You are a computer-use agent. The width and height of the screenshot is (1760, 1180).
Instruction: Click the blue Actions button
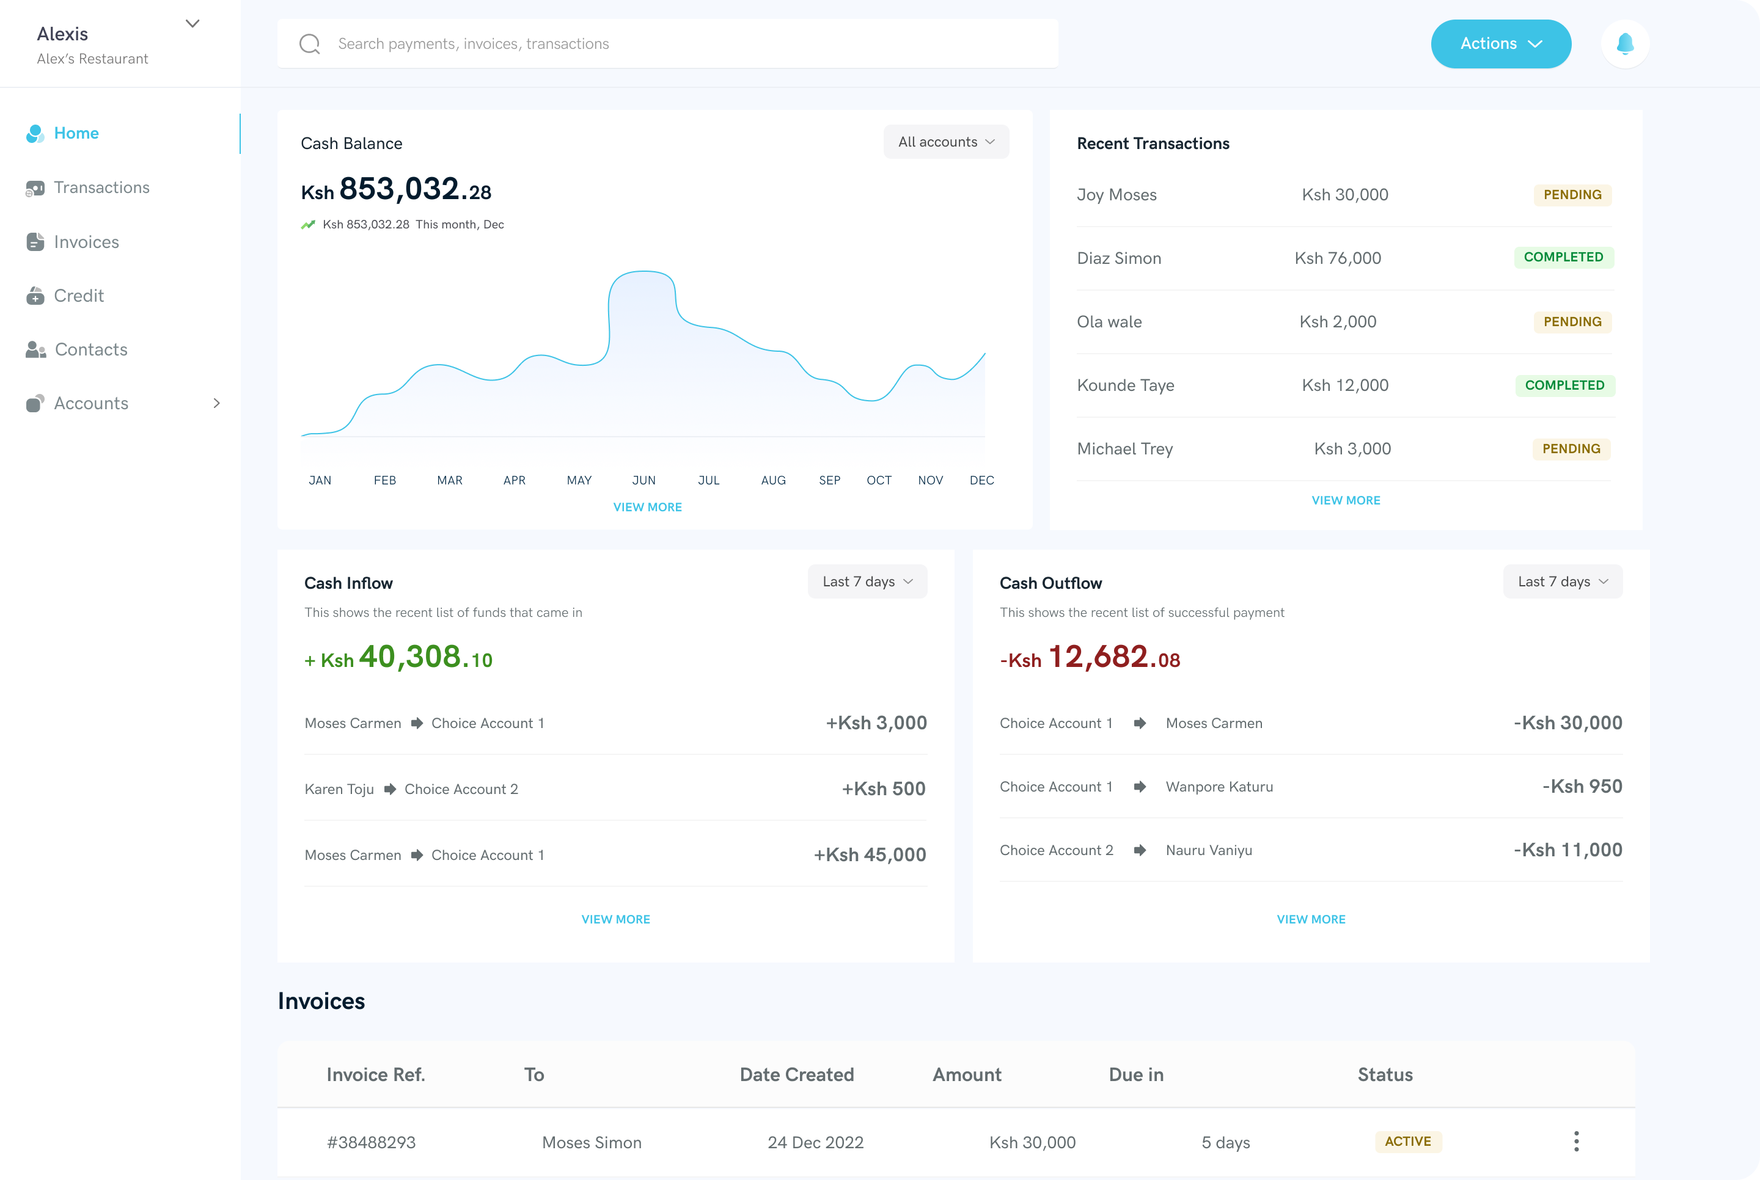pos(1500,43)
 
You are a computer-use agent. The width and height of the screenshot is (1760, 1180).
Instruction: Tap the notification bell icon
pos(1626,43)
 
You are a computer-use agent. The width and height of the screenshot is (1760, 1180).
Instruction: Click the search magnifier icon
pos(309,43)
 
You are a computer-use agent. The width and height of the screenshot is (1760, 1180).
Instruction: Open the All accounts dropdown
pos(945,142)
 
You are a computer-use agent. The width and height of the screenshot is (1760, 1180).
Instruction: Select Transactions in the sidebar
pos(101,188)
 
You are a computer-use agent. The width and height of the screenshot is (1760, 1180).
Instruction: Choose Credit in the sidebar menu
pos(78,296)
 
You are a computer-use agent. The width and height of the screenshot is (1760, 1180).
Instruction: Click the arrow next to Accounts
pos(217,403)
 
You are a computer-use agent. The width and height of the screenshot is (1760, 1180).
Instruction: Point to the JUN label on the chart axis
pos(643,480)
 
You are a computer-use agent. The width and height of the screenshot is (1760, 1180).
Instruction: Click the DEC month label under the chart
pos(981,480)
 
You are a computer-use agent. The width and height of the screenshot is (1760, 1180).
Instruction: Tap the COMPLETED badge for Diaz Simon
pos(1563,257)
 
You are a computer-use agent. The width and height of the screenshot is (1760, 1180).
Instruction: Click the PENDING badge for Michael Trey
pos(1571,448)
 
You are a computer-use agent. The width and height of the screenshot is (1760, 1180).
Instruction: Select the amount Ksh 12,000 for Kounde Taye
pos(1344,385)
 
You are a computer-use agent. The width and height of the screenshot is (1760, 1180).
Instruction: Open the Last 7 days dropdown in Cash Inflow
pos(867,581)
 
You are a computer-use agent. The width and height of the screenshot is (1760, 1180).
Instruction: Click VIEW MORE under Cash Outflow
pos(1311,919)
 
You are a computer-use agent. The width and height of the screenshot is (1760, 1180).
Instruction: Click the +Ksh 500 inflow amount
pos(883,788)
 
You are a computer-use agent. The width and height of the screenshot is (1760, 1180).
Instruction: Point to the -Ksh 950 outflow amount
pos(1582,787)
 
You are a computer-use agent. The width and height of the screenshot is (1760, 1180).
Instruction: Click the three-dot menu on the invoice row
pos(1575,1142)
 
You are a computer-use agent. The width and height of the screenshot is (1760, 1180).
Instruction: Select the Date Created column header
pos(796,1075)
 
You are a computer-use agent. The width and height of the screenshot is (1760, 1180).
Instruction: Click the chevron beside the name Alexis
pos(193,23)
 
